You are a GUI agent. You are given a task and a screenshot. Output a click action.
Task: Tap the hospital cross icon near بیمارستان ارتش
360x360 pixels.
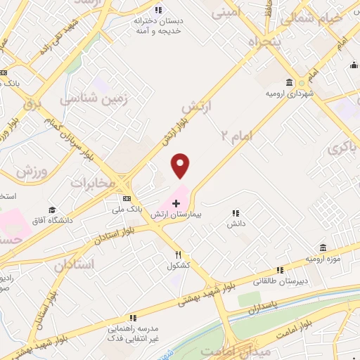176,203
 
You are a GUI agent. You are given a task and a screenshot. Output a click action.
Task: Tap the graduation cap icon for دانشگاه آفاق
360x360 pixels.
52,210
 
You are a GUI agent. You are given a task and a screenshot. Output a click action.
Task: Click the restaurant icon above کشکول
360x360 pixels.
179,254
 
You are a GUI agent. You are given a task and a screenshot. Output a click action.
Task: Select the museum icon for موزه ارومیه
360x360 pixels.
323,247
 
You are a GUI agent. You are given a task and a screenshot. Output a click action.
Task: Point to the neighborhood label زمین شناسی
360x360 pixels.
96,99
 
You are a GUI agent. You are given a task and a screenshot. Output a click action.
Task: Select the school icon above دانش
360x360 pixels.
236,212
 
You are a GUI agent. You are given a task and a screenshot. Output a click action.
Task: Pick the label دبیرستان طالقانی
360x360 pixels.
278,281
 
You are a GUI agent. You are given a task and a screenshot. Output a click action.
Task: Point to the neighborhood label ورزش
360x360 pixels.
31,171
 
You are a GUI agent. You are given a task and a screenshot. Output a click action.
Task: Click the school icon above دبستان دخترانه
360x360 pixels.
158,9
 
